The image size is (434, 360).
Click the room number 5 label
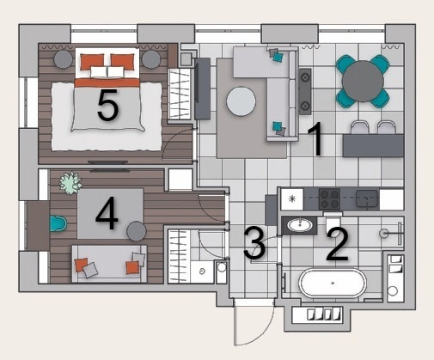pos(107,105)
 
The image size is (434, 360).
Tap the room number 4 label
pos(107,215)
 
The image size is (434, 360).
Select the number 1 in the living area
pos(315,139)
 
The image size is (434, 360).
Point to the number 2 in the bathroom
pos(338,245)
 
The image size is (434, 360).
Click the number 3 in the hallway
pos(254,242)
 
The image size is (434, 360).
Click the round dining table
pos(363,81)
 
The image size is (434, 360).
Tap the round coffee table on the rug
pos(241,101)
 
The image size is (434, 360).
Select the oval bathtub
pos(333,283)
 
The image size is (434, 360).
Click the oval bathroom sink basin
pos(300,225)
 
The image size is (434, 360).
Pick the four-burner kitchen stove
pos(329,199)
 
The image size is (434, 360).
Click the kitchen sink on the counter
pos(367,198)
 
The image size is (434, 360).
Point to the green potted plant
pos(70,183)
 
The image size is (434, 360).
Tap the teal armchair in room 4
pos(58,223)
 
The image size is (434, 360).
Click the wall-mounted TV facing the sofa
pos(202,88)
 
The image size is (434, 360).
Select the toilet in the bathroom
pos(333,222)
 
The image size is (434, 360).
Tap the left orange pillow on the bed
pos(92,62)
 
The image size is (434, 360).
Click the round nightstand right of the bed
pos(151,59)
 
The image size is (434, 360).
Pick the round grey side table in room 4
pos(137,231)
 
